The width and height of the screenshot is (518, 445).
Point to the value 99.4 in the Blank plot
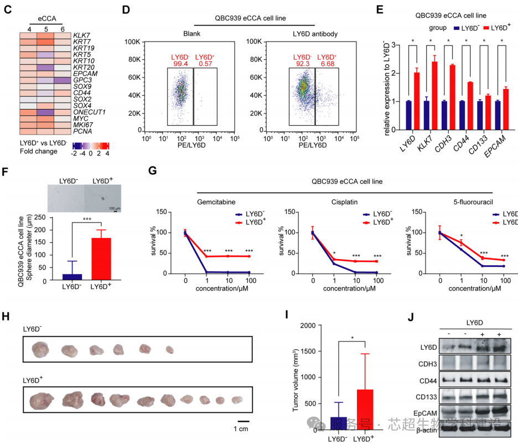click(180, 65)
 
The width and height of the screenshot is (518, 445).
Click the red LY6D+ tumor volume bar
click(365, 410)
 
